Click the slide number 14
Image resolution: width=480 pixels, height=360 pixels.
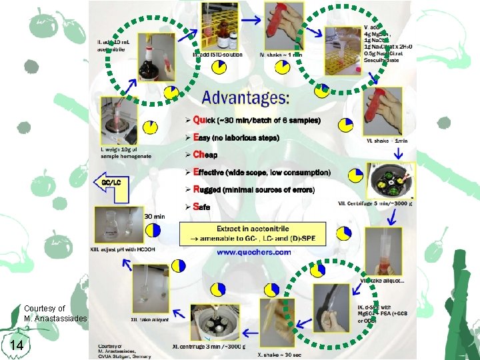click(x=17, y=345)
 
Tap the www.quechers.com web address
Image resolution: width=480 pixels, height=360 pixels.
click(x=253, y=252)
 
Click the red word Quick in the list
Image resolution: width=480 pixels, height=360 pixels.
click(x=207, y=121)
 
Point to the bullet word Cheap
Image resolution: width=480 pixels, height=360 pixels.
click(x=205, y=155)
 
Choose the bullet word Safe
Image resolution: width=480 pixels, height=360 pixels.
click(x=201, y=207)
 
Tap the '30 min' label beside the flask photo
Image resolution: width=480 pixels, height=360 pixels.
click(x=155, y=216)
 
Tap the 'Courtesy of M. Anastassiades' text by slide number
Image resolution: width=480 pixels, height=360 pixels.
click(x=55, y=313)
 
